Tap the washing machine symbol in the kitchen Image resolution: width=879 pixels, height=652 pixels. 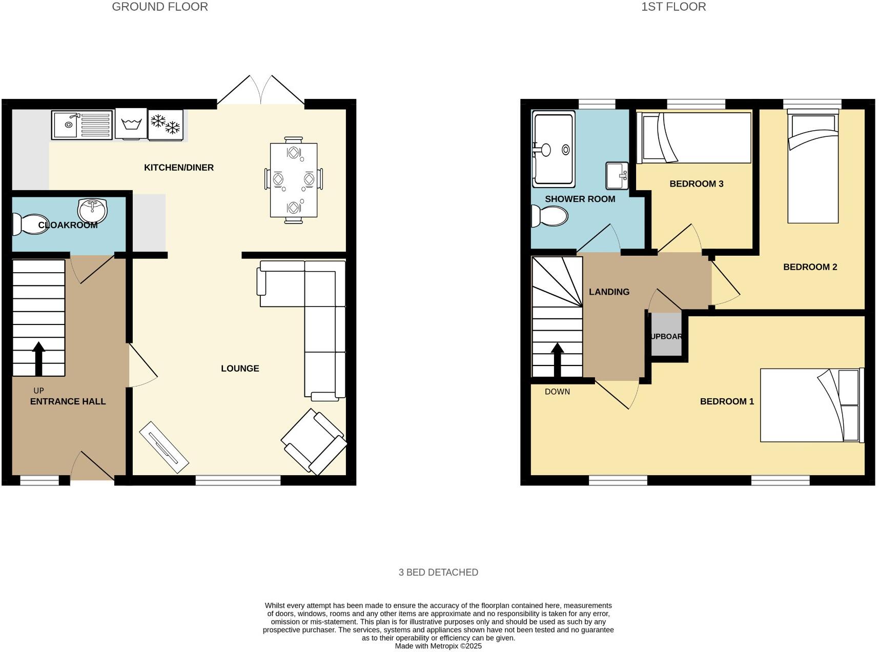(131, 124)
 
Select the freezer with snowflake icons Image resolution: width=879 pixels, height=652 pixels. (165, 124)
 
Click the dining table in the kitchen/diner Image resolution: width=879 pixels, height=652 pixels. (293, 180)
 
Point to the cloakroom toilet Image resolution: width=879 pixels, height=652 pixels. (30, 225)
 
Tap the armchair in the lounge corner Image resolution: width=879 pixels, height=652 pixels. (314, 441)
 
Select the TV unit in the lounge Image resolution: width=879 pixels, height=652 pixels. (164, 447)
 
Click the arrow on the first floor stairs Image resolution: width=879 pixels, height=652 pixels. (557, 359)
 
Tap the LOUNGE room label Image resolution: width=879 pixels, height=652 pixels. (240, 369)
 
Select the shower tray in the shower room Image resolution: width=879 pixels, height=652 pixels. (554, 149)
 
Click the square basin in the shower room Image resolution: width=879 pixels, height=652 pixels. (617, 175)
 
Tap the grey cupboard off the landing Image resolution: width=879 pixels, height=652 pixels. (666, 336)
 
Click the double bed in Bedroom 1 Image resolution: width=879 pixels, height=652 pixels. (811, 405)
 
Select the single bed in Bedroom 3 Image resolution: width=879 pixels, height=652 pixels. (693, 138)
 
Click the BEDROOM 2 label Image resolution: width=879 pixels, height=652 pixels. (810, 267)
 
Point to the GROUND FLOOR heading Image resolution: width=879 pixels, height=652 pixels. (160, 7)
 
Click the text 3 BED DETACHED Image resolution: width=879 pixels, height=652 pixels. (438, 573)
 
